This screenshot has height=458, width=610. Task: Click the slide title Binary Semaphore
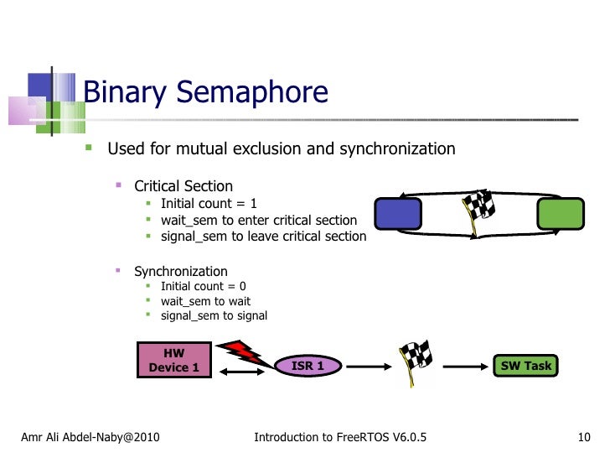[x=205, y=91]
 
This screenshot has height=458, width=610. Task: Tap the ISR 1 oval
[x=308, y=366]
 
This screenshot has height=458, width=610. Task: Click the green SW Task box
[x=525, y=366]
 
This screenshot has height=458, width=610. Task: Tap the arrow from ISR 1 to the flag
[x=367, y=367]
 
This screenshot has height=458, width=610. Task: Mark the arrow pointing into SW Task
[x=466, y=367]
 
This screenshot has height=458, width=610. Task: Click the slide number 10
[x=585, y=437]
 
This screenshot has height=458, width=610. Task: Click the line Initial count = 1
[x=209, y=203]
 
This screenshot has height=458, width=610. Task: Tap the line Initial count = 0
[x=203, y=286]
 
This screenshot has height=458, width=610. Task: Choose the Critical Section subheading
[x=184, y=186]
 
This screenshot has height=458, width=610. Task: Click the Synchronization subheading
[x=181, y=271]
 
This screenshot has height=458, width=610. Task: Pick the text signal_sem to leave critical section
[x=263, y=237]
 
